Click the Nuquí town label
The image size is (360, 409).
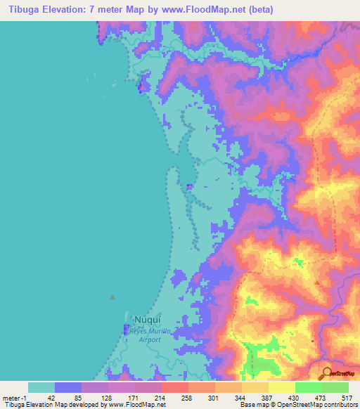click(x=139, y=318)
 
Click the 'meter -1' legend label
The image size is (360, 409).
click(x=14, y=398)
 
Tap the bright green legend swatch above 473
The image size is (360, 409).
click(x=308, y=387)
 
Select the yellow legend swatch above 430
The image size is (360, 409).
click(x=281, y=387)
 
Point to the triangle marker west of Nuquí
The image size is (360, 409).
click(x=112, y=297)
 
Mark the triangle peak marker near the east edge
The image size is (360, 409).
click(x=317, y=283)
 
